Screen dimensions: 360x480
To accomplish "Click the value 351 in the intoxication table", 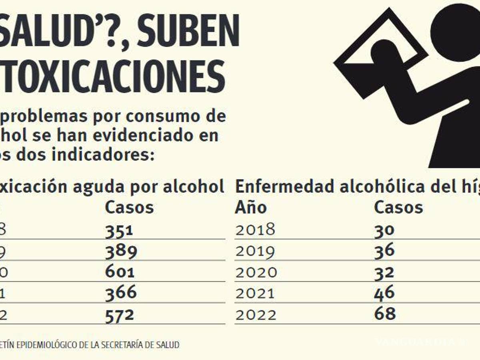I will point(118,230).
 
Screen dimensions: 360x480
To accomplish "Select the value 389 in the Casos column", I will point(121,251).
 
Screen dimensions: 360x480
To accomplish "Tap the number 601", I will point(120,272).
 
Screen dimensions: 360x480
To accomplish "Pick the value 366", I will point(121,292).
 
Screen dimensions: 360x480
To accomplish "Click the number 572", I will point(119,315).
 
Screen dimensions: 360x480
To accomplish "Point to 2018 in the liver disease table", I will point(255,230).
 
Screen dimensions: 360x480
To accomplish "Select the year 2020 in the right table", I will point(256,272).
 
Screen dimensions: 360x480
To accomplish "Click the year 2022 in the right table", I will point(256,315).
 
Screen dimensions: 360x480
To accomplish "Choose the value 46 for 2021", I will point(384,292).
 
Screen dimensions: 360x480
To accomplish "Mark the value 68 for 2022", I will point(384,313).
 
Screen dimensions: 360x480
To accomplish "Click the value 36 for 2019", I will point(384,251).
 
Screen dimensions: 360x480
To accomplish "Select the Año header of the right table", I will point(251,208).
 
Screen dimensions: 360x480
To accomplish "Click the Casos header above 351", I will point(129,208).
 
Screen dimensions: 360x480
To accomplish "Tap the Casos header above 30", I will point(398,208).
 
